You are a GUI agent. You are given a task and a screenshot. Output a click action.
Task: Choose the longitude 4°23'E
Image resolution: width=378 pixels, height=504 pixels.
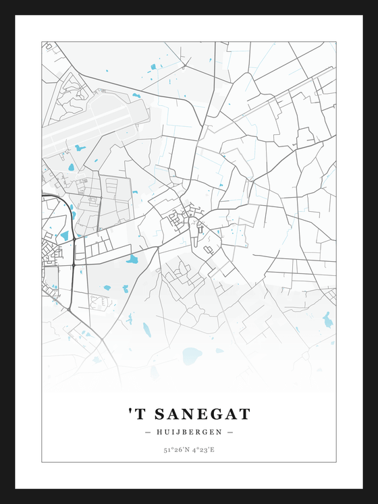tap(202, 449)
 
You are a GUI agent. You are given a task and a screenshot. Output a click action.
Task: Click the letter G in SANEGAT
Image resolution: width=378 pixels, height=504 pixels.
tap(217, 414)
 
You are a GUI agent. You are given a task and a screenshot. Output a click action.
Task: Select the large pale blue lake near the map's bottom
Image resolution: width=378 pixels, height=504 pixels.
tap(192, 356)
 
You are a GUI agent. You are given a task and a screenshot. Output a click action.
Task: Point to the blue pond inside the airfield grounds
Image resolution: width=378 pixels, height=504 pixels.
tap(80, 148)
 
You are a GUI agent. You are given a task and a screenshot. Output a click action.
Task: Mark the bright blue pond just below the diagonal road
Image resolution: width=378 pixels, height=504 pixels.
tap(132, 259)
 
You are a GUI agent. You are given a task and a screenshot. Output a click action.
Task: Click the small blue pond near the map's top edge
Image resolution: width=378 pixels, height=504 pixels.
tap(153, 67)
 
